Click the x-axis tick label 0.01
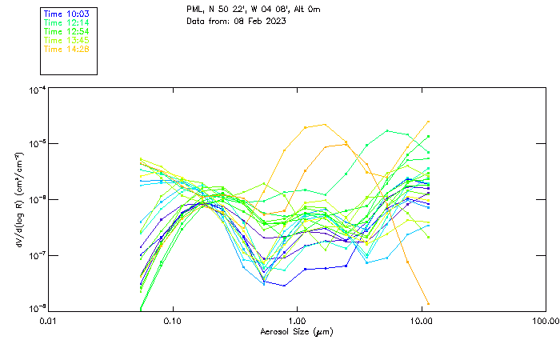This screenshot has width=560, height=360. click(x=49, y=322)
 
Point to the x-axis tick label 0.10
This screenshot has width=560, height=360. click(x=173, y=322)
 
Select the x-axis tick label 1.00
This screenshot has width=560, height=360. click(x=297, y=322)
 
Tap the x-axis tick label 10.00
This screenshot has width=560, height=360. click(x=421, y=322)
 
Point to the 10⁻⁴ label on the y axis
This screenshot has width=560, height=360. click(x=35, y=90)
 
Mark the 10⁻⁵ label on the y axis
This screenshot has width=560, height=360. click(x=35, y=143)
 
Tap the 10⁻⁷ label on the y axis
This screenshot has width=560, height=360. click(x=35, y=255)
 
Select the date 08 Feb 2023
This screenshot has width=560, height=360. click(x=260, y=21)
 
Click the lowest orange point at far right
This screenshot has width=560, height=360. click(x=429, y=303)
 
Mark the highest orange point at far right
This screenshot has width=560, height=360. click(x=429, y=122)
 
